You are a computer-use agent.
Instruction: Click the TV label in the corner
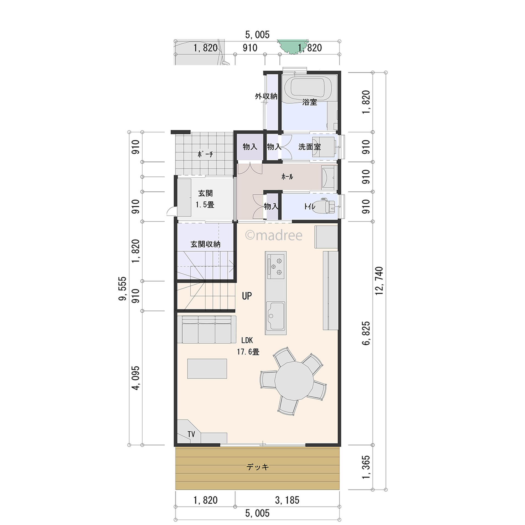(191, 434)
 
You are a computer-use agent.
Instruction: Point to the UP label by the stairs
(247, 296)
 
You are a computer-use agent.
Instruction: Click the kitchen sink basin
(275, 316)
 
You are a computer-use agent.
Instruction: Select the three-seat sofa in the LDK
(207, 329)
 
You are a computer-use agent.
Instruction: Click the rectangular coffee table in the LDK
(207, 369)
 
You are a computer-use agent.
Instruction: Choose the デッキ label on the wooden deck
(257, 467)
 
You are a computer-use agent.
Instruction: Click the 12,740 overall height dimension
(379, 281)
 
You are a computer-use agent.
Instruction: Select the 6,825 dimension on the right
(366, 333)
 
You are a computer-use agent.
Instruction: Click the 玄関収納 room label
(205, 244)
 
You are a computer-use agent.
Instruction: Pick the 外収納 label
(266, 96)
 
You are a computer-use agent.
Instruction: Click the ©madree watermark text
(274, 235)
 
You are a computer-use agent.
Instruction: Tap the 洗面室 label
(310, 147)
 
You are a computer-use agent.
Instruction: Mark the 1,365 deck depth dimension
(366, 468)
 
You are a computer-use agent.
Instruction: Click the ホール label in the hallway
(287, 177)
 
